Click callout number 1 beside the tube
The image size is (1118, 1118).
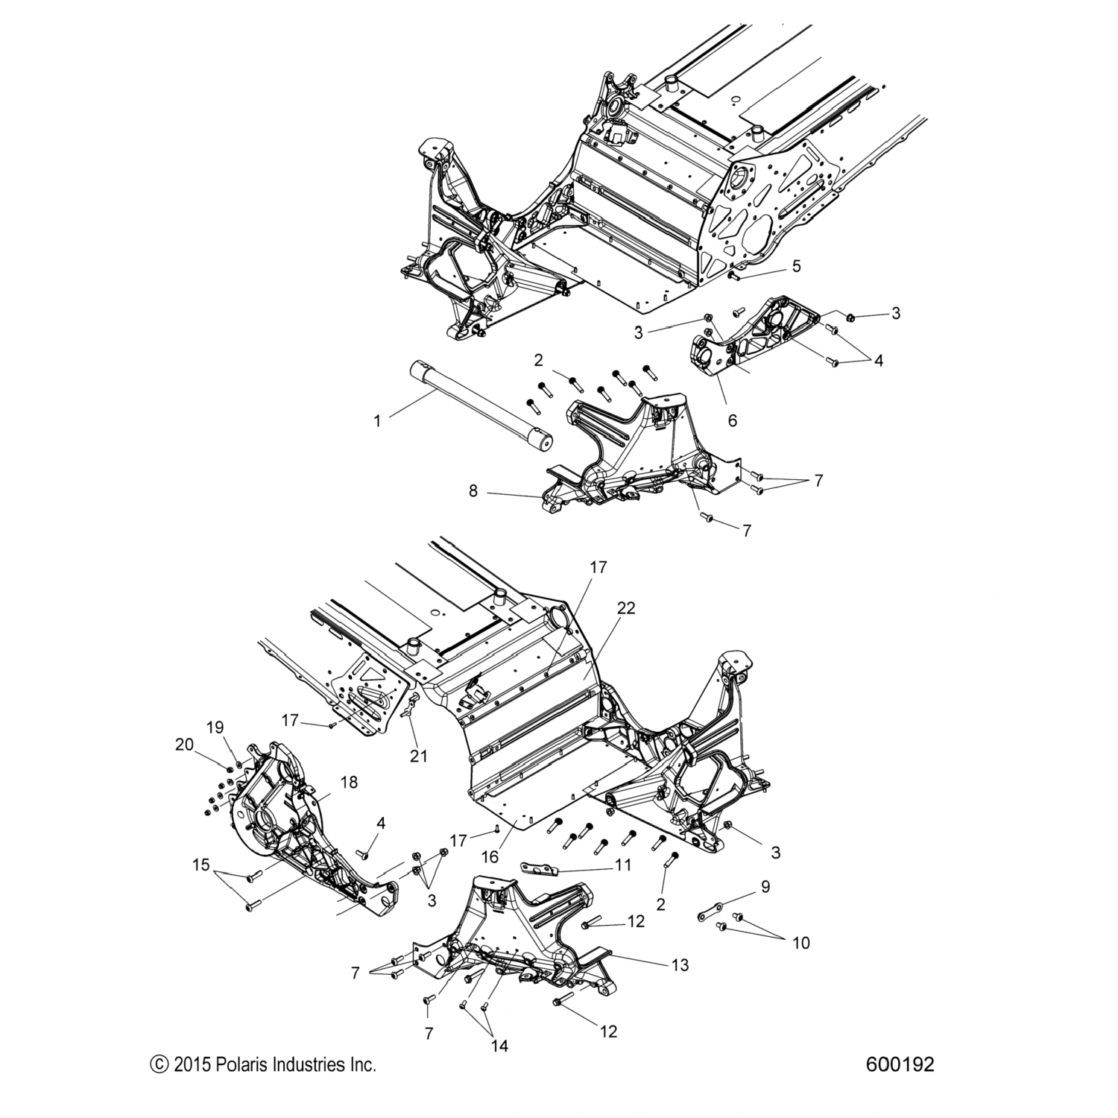click(377, 421)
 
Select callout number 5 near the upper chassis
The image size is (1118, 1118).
click(796, 266)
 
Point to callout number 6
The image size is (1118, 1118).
click(732, 421)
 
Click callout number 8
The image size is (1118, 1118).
click(493, 492)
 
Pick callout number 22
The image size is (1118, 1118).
click(625, 608)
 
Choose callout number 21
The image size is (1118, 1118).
click(419, 756)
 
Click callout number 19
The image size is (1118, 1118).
click(215, 727)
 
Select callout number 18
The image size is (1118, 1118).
click(348, 782)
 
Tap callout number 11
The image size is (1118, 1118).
click(622, 865)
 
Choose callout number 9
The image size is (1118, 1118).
click(765, 887)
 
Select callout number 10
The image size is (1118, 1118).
click(800, 943)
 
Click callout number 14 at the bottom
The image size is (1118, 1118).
click(499, 1046)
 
